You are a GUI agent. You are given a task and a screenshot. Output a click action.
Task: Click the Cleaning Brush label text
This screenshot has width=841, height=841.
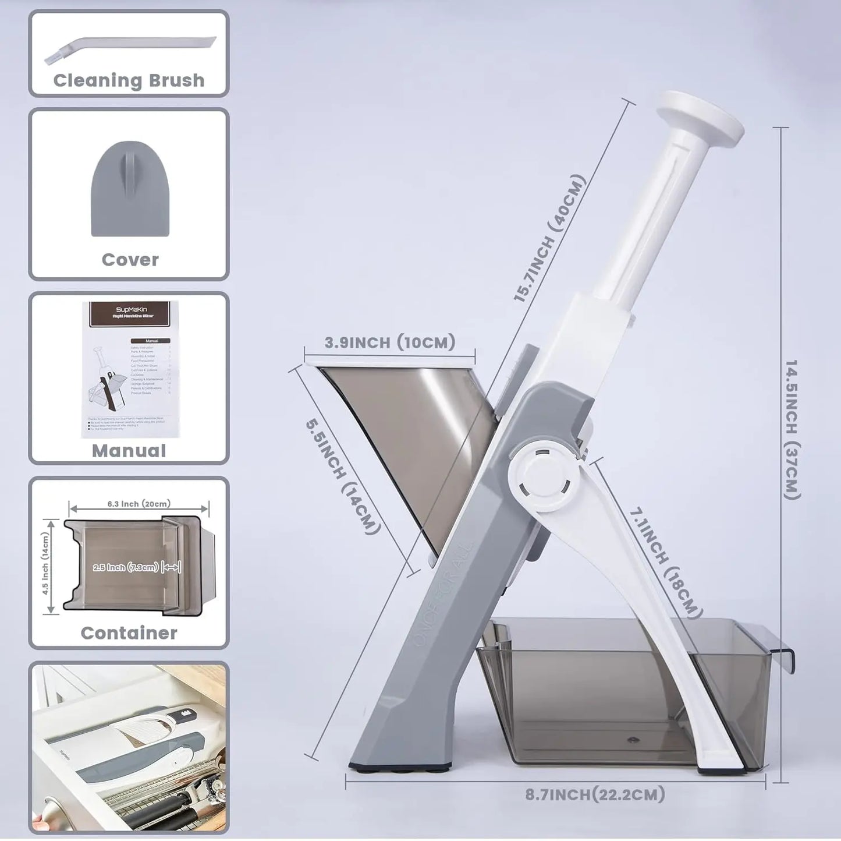tap(129, 80)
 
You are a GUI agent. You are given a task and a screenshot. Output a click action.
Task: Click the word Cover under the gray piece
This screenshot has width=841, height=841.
tap(130, 260)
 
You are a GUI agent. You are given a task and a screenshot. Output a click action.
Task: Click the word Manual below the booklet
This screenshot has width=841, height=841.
tap(129, 451)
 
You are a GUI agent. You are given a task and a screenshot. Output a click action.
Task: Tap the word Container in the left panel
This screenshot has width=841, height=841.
tap(129, 633)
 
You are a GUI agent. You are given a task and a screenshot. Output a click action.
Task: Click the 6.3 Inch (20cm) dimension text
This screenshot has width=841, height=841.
tap(139, 504)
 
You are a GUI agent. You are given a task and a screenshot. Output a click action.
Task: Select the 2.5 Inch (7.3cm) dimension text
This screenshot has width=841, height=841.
tap(126, 567)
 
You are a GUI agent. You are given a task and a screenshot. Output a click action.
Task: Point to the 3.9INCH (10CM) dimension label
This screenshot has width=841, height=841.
tap(389, 342)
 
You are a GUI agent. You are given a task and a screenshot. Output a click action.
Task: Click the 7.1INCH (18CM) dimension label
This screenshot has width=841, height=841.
tap(664, 561)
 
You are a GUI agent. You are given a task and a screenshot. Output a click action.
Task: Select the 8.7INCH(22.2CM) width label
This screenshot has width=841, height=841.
tap(595, 794)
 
